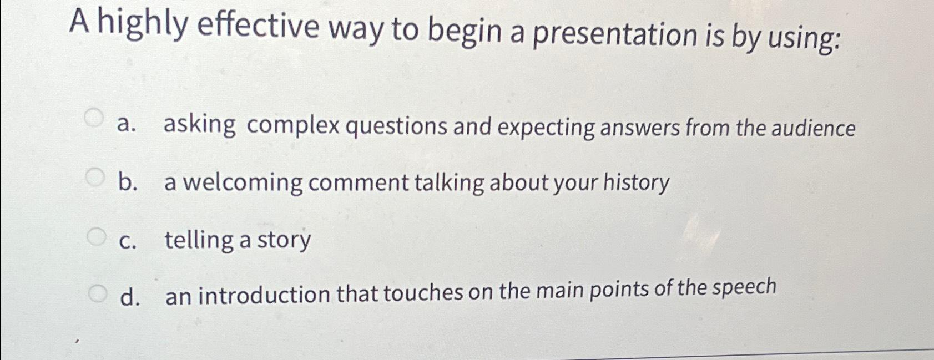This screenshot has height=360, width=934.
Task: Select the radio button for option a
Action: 94,118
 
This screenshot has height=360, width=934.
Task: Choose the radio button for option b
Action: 95,178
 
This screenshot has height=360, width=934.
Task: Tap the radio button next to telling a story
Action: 95,237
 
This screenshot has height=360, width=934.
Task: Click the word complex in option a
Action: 293,126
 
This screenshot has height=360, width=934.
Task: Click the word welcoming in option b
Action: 243,183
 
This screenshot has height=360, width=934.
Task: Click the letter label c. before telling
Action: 128,242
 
